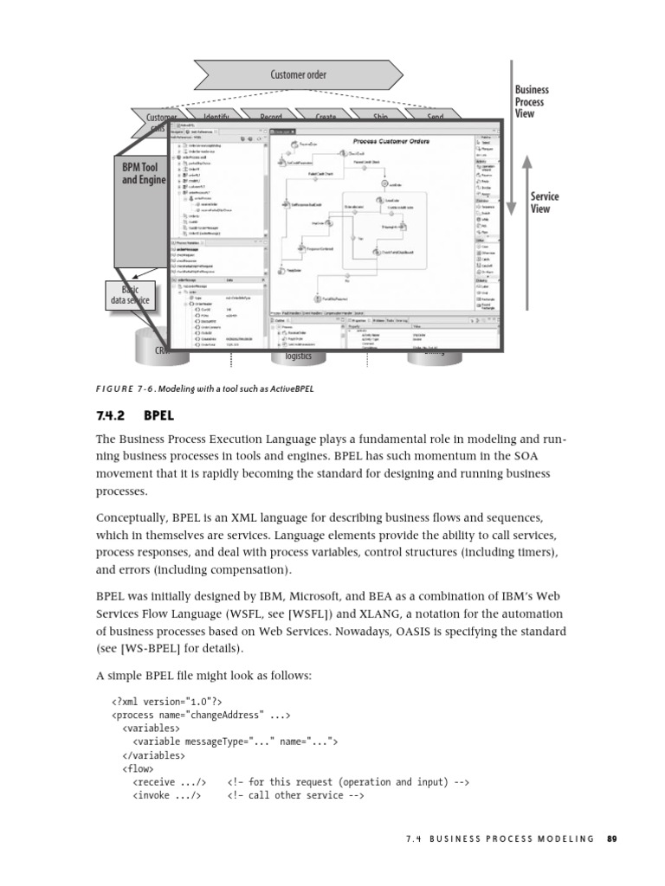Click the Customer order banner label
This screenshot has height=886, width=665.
pyautogui.click(x=298, y=74)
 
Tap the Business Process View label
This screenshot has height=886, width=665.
pyautogui.click(x=531, y=101)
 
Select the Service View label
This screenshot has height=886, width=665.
pyautogui.click(x=545, y=202)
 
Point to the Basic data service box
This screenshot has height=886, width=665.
pyautogui.click(x=130, y=294)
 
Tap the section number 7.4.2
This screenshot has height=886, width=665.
pyautogui.click(x=113, y=415)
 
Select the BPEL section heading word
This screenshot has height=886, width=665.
pyautogui.click(x=159, y=415)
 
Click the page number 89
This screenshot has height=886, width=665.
pyautogui.click(x=612, y=838)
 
